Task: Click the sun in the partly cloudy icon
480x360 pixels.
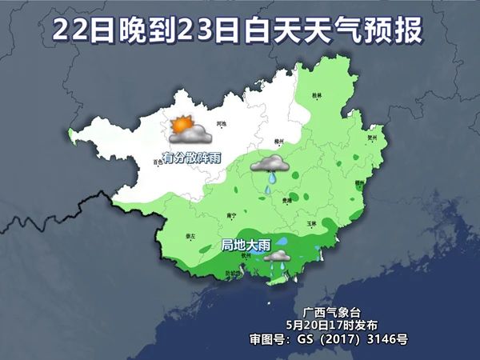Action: pos(181,126)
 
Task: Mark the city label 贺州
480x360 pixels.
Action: pos(371,137)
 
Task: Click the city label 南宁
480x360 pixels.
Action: pos(231,215)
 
